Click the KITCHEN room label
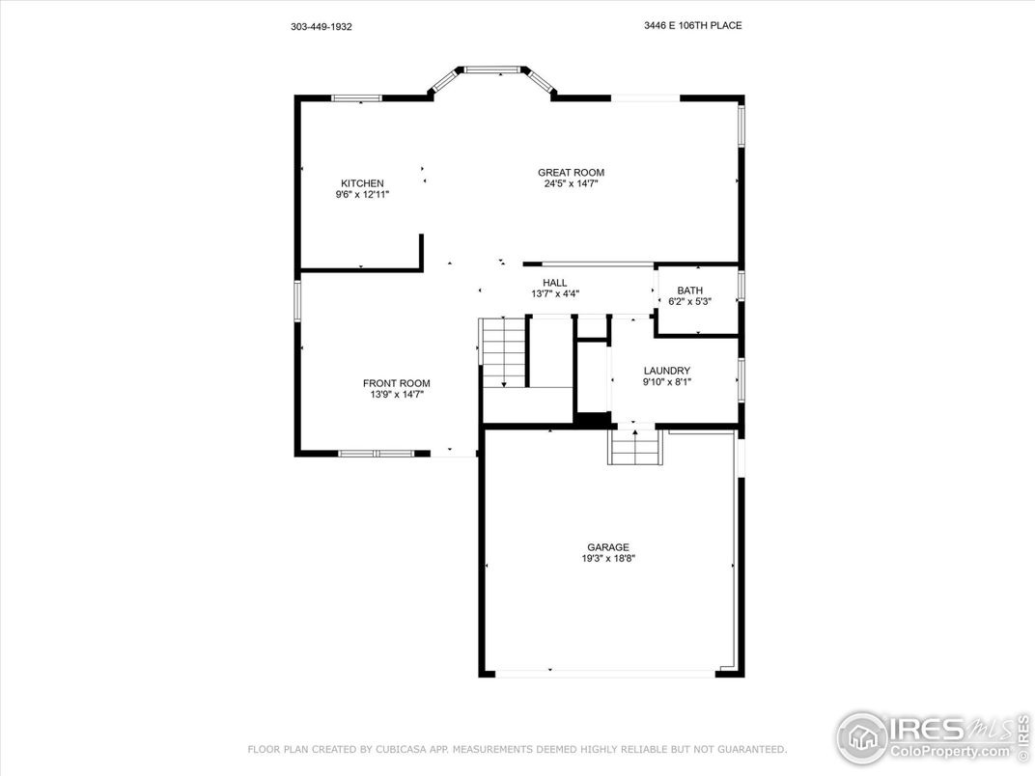362,183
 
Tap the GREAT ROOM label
571,173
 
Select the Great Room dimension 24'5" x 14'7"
571,184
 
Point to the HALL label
555,283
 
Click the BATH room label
689,291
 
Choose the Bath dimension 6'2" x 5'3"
689,301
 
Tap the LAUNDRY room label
667,371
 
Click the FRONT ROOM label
396,383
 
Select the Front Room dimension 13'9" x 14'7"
396,395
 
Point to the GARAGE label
608,547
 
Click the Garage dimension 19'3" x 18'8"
608,558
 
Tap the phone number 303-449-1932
321,27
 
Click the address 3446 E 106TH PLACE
693,26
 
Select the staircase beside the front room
503,352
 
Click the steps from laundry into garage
635,448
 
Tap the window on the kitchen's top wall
356,98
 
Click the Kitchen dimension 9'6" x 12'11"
362,195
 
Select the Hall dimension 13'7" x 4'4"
555,294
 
